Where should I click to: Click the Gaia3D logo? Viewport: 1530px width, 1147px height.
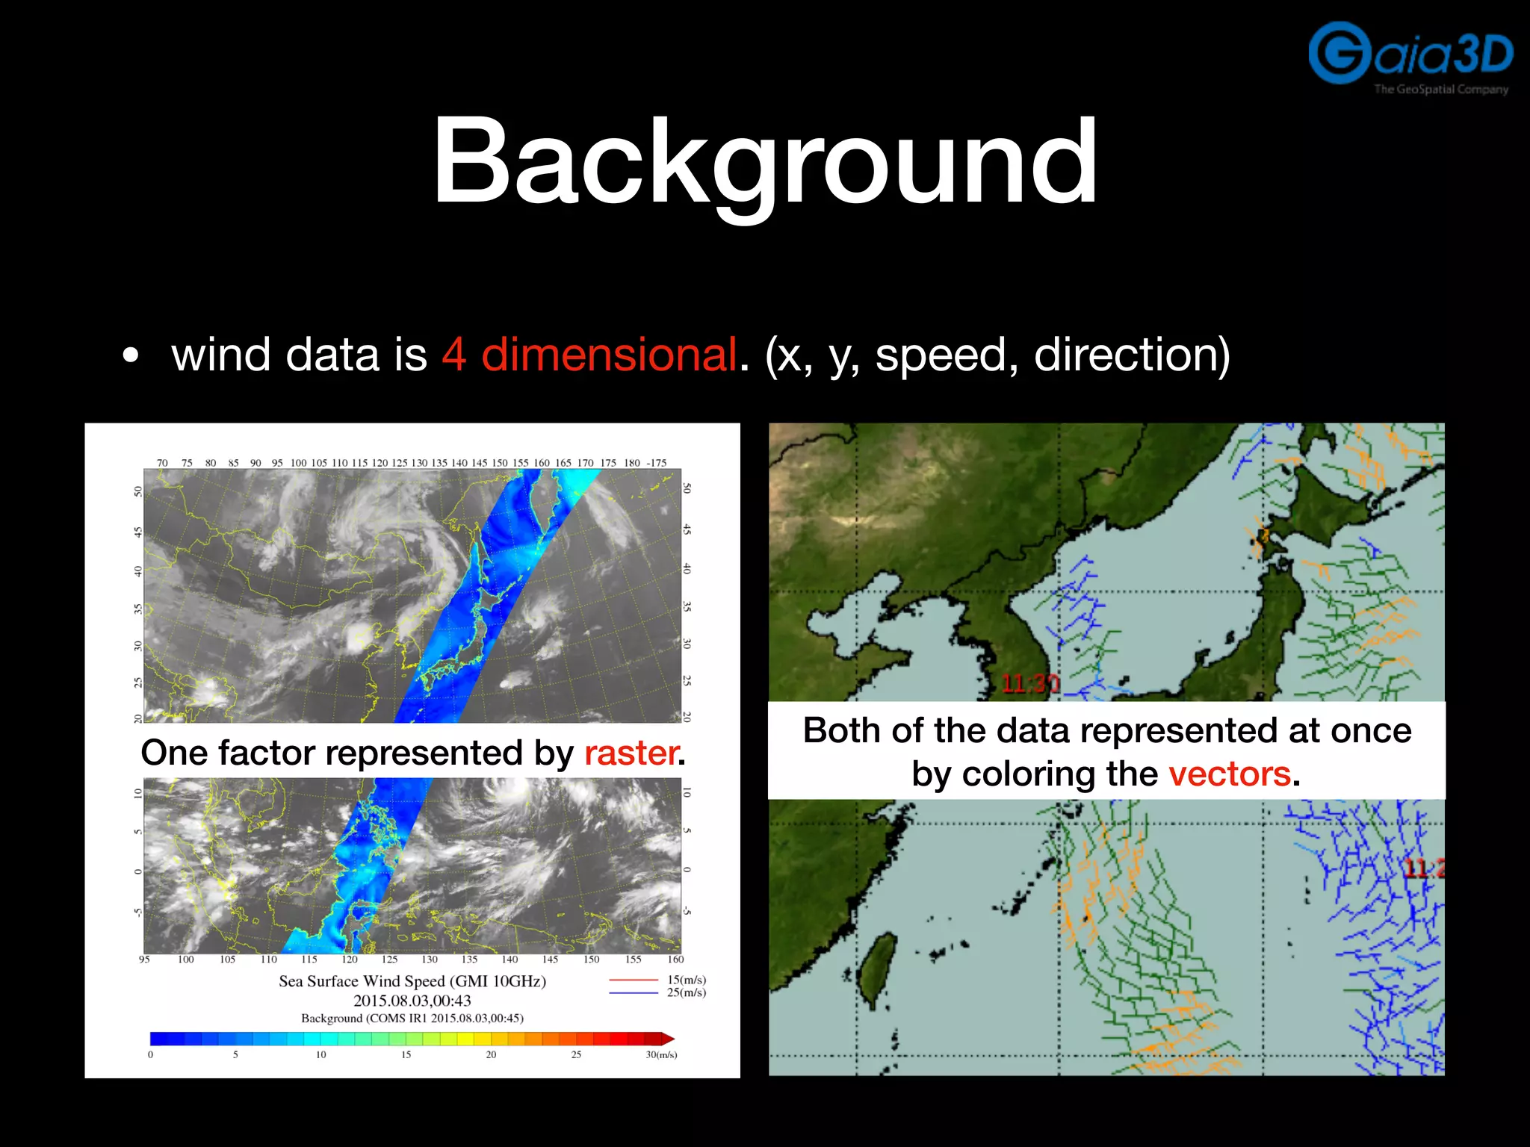tap(1410, 57)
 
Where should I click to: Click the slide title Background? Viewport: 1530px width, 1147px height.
tap(765, 161)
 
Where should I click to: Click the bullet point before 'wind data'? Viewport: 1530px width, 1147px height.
tap(131, 356)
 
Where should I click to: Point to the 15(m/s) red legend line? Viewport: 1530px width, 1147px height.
tap(634, 980)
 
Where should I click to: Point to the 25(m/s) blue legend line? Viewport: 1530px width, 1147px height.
tap(634, 992)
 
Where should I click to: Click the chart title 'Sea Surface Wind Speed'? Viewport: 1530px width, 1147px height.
tap(412, 981)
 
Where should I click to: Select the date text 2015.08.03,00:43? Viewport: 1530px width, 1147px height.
tap(412, 1001)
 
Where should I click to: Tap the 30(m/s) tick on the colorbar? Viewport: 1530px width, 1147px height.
tap(661, 1054)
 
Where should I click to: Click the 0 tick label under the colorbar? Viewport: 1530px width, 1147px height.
tap(151, 1054)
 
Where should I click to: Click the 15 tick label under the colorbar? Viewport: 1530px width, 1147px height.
tap(406, 1054)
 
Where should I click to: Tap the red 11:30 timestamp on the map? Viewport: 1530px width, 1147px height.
tap(1029, 683)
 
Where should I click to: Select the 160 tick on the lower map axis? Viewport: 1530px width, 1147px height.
tap(675, 960)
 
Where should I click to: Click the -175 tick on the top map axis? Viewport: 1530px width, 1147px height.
tap(656, 463)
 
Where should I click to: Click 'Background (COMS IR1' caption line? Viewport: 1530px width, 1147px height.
tap(412, 1019)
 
